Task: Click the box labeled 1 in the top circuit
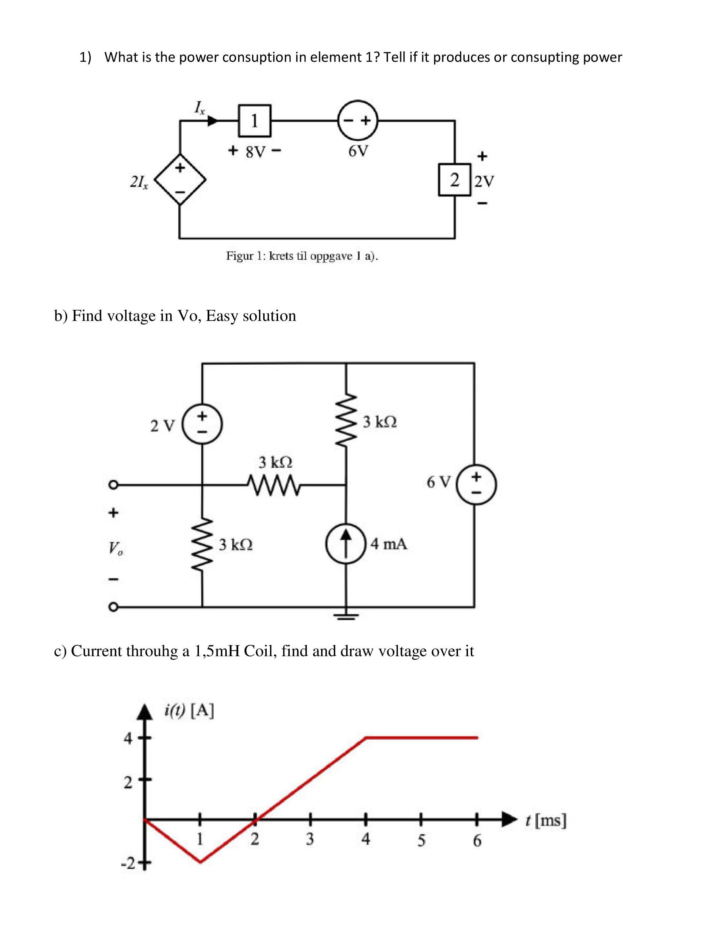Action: (254, 121)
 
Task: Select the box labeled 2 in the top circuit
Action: (455, 180)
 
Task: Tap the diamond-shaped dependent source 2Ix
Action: (180, 180)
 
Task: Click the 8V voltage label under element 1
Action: (255, 152)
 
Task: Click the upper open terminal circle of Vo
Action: (113, 485)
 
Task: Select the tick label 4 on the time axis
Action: (366, 839)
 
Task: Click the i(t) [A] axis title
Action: (189, 711)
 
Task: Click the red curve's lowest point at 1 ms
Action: (200, 862)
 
